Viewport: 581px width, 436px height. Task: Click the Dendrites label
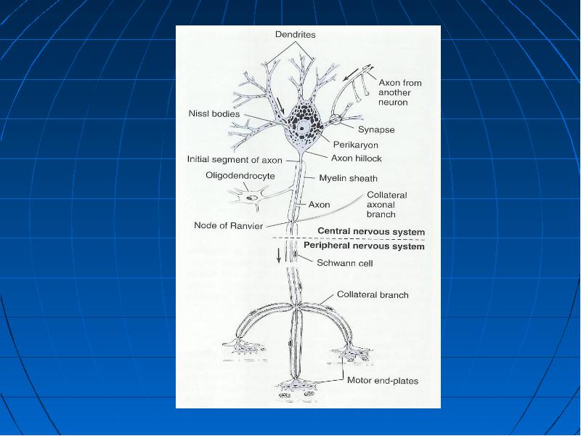click(296, 34)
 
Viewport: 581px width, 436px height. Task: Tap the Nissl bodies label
click(214, 113)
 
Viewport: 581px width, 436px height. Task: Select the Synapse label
click(376, 130)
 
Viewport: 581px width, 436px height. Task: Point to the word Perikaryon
click(356, 145)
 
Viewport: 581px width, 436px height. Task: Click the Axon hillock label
click(357, 158)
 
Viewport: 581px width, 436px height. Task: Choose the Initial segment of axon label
click(235, 159)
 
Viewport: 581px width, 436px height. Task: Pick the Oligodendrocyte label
click(240, 175)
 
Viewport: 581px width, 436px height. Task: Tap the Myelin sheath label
click(349, 178)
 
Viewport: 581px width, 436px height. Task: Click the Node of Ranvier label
click(229, 225)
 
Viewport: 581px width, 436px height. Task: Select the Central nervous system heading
click(371, 232)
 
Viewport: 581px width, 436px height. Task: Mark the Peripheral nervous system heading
click(365, 246)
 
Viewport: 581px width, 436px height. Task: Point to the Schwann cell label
click(344, 263)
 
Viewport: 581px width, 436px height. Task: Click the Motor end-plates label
click(383, 380)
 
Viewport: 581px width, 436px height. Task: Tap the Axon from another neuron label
click(400, 92)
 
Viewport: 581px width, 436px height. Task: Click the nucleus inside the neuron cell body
click(303, 128)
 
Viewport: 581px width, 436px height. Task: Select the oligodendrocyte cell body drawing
click(251, 197)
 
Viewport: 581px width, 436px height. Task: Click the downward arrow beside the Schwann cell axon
click(279, 255)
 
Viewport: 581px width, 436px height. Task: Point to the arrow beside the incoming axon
click(351, 75)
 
